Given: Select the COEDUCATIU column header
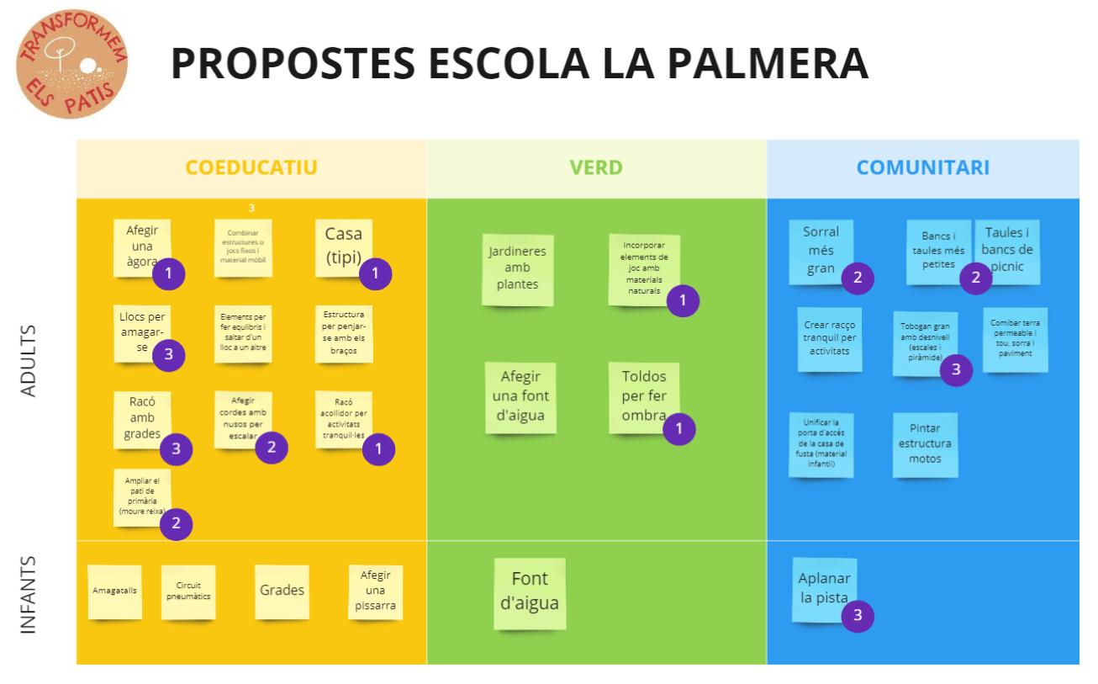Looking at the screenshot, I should coord(251,167).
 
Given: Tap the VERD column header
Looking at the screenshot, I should coord(596,167).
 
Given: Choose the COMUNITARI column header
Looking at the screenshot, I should coord(922,167).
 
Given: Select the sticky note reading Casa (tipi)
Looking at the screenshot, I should coord(344,247).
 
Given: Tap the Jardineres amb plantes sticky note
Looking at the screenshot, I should coord(517,268).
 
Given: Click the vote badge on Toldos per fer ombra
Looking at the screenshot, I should coord(679,429).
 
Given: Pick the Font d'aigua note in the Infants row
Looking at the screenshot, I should coord(530,591).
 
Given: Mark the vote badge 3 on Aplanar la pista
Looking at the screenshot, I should coord(858,615).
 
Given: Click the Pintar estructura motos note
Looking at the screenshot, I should coord(925,443).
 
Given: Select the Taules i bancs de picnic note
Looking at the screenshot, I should coord(1007,251).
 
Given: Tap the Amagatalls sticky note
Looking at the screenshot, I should coord(114,591).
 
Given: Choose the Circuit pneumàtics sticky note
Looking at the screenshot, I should coord(188,591).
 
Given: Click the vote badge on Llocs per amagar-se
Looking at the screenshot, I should coord(168,354).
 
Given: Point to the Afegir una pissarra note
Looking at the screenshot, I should coord(376,591).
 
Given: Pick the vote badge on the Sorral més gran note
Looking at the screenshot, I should coord(858,278).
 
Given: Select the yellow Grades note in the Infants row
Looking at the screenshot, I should coord(282,591).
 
